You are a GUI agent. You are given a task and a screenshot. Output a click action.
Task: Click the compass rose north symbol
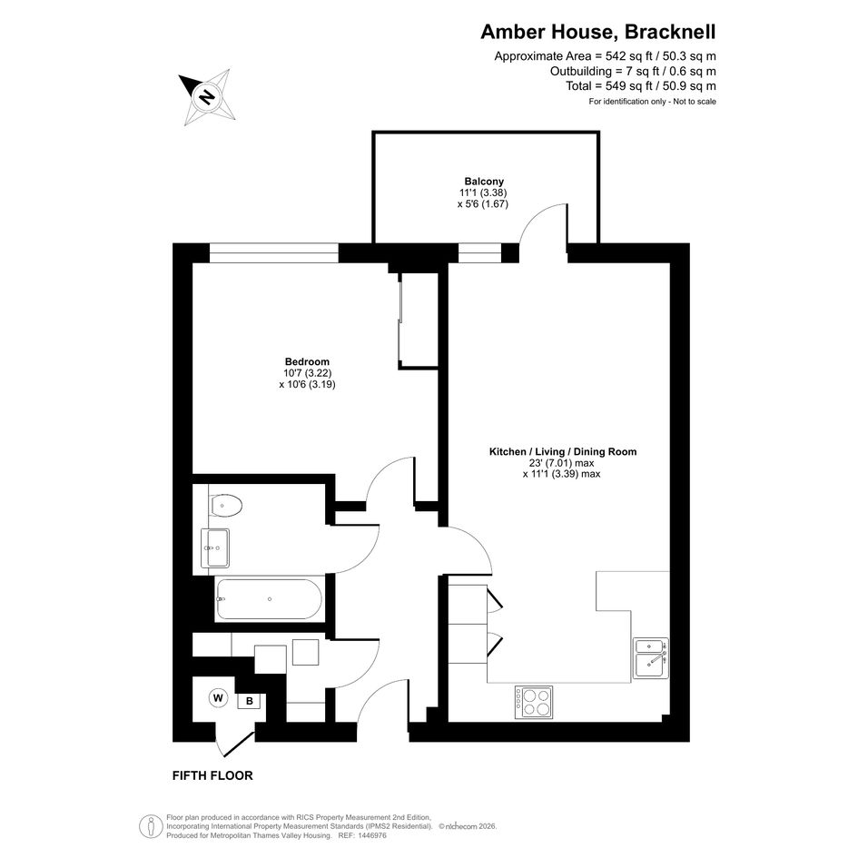point(207,97)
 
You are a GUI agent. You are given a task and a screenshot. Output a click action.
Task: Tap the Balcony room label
point(484,181)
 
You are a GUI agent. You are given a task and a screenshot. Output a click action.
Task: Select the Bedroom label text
point(307,361)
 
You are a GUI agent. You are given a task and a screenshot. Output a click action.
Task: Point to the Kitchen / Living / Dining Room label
point(563,452)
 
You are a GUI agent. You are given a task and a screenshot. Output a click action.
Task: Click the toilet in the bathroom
point(225,505)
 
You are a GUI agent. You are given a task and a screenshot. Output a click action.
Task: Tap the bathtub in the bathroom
point(270,599)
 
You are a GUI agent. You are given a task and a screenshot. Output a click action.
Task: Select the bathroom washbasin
point(215,548)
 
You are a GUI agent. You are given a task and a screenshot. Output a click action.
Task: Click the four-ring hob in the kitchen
point(533,702)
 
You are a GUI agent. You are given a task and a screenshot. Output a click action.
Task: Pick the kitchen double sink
point(651,658)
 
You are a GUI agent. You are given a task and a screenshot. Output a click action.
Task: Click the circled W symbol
point(218,698)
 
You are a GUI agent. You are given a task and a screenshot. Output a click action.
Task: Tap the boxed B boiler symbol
point(249,701)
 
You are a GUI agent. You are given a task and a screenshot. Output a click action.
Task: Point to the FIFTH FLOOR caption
point(212,775)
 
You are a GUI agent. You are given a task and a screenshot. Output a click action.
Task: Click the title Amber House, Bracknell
point(598,33)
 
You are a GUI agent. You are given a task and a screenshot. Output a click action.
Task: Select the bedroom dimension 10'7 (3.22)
point(307,373)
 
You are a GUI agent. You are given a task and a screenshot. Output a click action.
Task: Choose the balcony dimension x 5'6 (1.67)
point(483,204)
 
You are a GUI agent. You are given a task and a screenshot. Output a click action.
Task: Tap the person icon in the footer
point(151,826)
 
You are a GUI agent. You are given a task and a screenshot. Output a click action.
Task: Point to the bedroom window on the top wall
point(274,253)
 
